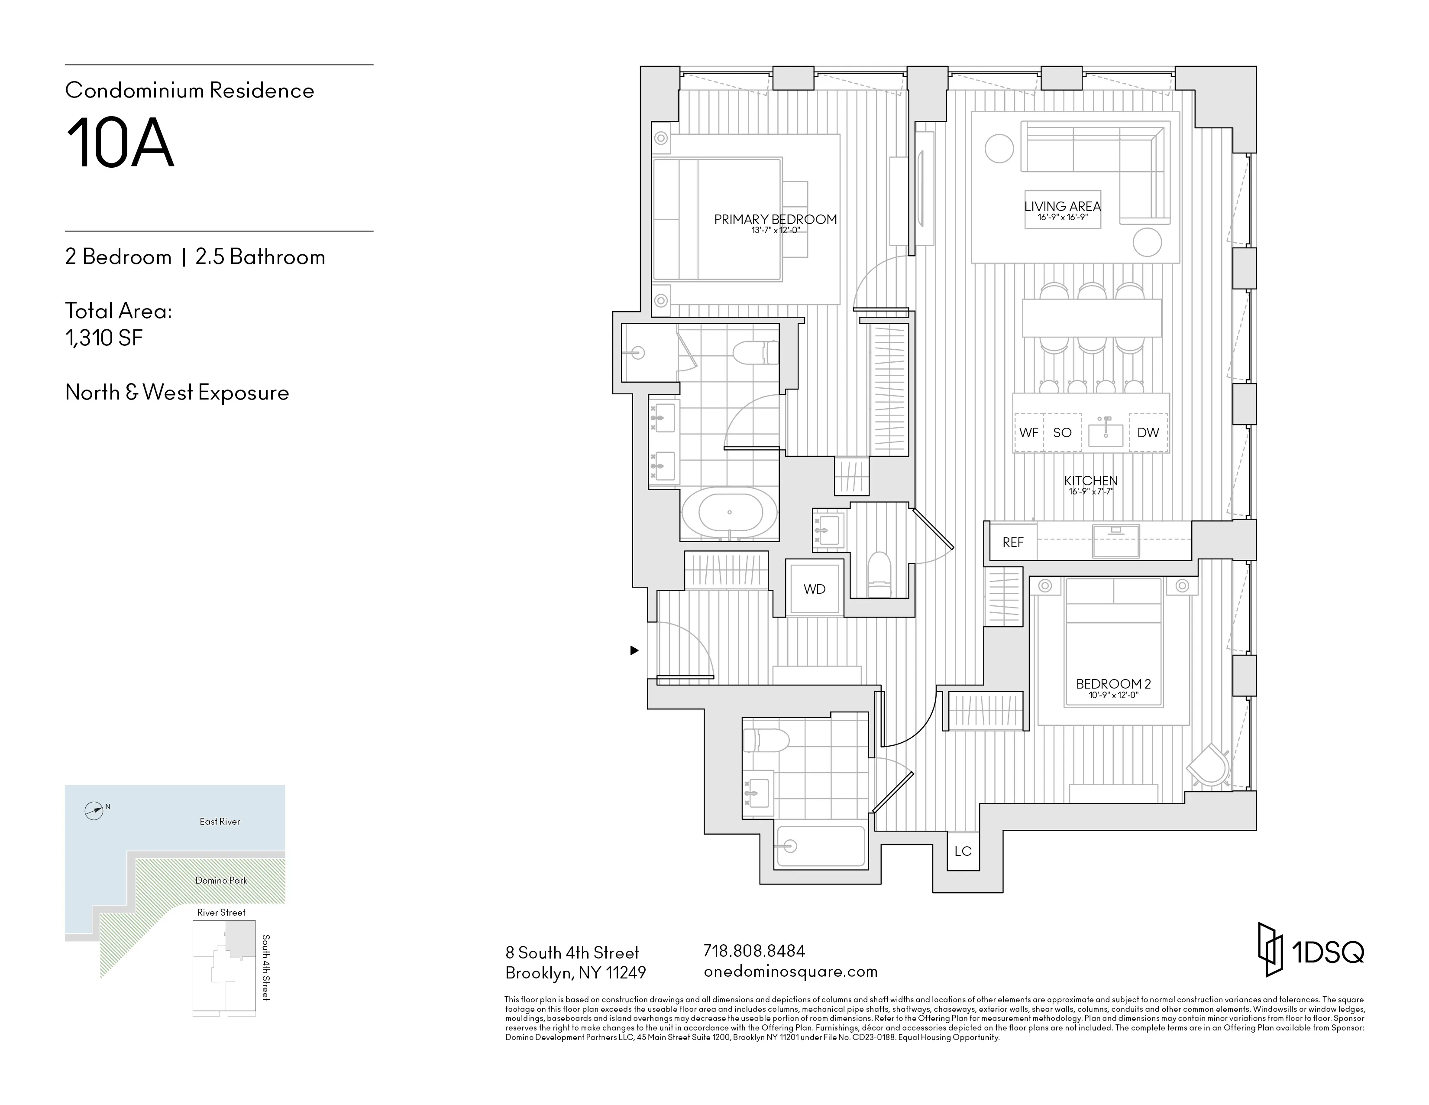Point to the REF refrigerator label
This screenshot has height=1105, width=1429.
[1012, 543]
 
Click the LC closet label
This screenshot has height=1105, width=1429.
[963, 851]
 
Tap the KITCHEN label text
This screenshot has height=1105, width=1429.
[1091, 481]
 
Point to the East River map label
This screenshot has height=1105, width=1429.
[220, 822]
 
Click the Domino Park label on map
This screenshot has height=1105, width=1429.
[221, 881]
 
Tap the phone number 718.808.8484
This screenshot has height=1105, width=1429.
[754, 950]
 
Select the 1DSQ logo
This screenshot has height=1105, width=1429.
[1311, 950]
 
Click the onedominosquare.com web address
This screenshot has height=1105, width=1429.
[790, 972]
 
